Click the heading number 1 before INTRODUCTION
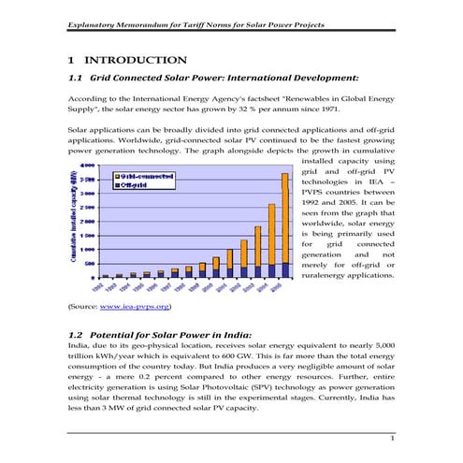pos(73,60)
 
